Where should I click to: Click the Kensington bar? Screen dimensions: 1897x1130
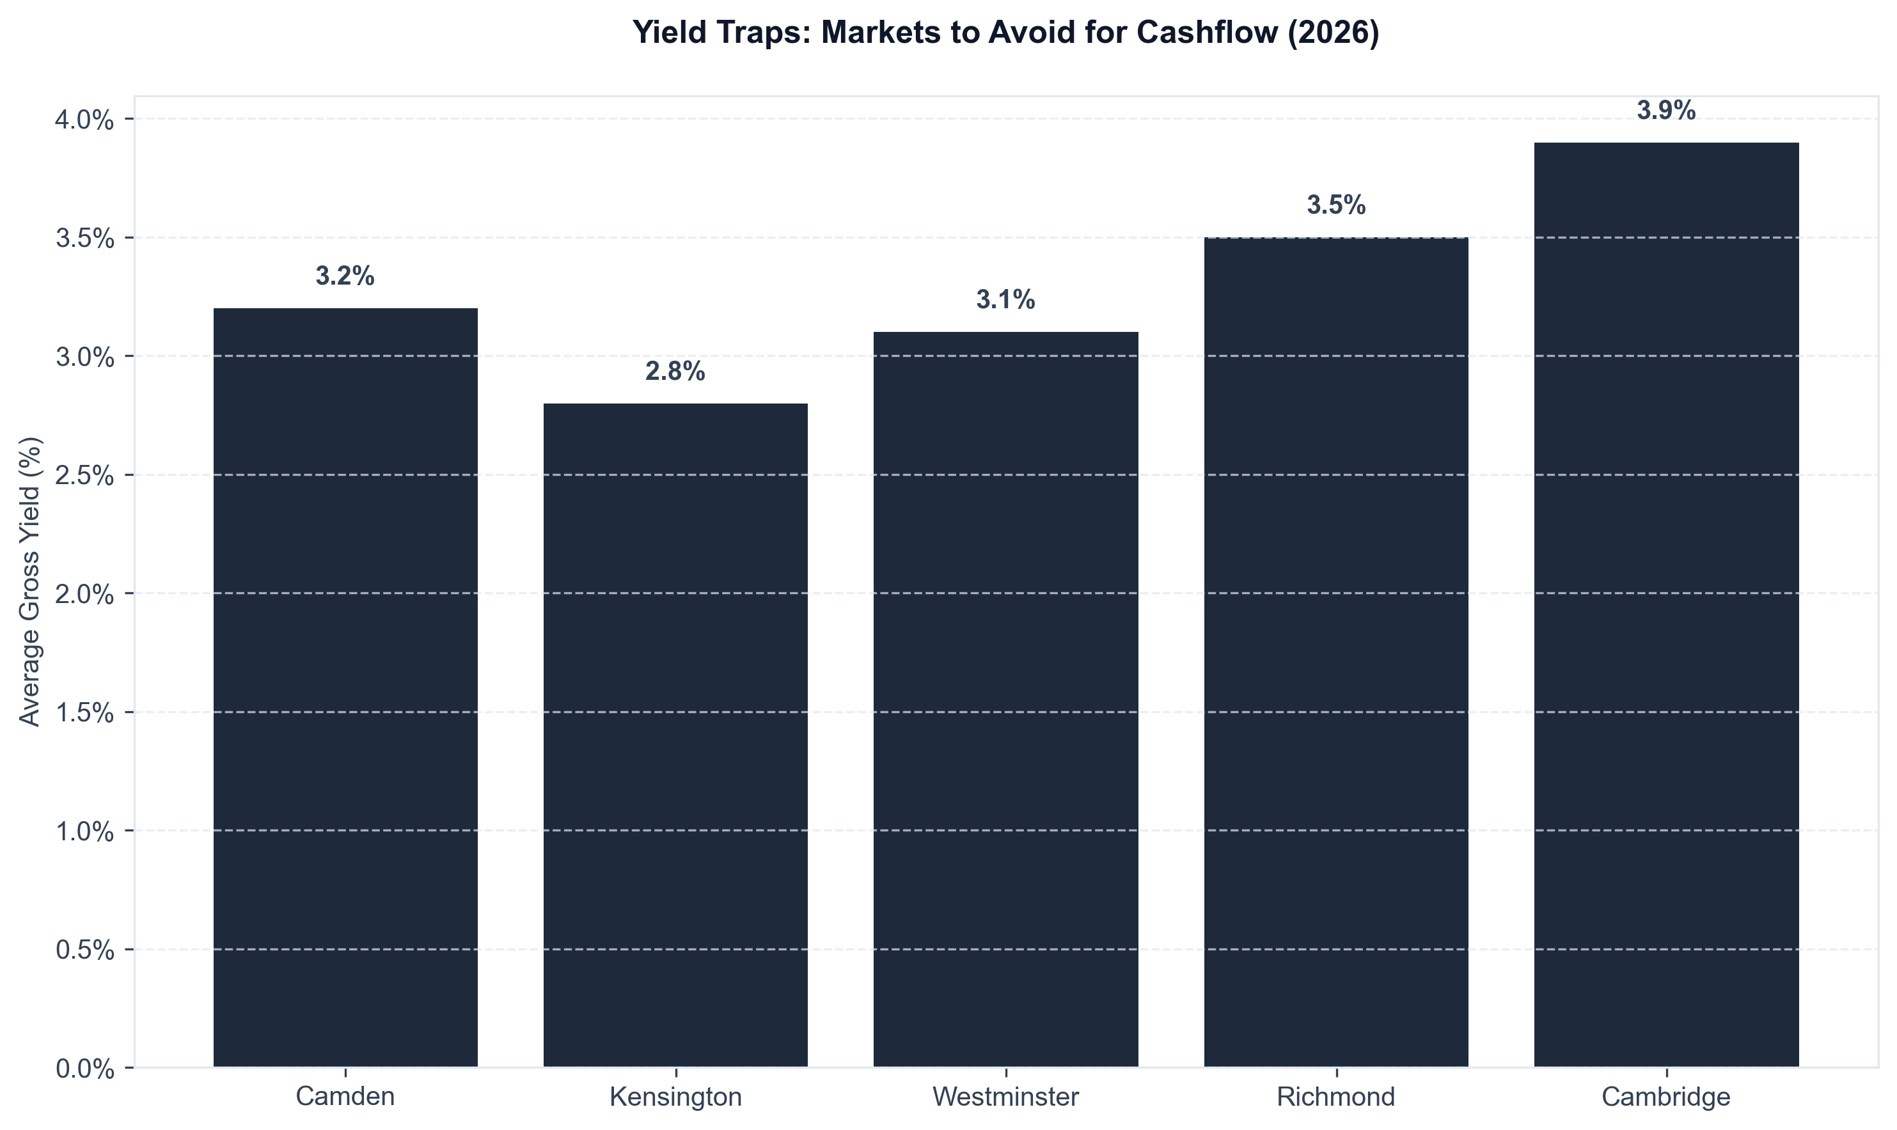point(675,735)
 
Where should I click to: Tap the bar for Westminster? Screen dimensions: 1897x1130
point(1006,700)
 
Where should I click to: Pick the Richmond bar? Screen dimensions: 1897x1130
point(1335,652)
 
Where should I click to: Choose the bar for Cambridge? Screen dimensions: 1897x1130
point(1666,604)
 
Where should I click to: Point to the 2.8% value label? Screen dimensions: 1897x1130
point(675,372)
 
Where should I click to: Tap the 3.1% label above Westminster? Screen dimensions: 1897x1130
point(1006,300)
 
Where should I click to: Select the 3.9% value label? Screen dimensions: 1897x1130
point(1666,111)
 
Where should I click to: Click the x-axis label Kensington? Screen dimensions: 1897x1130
point(675,1097)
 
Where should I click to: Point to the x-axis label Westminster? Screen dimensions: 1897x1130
point(1006,1097)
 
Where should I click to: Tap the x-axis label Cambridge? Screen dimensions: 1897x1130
point(1666,1097)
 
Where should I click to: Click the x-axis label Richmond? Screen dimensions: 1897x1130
point(1335,1097)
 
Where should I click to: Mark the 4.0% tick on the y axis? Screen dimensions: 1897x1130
point(84,120)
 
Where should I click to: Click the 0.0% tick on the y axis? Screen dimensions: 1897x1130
point(84,1069)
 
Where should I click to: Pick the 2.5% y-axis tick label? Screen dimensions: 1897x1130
point(84,475)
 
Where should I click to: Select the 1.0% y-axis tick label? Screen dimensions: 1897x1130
point(84,831)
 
